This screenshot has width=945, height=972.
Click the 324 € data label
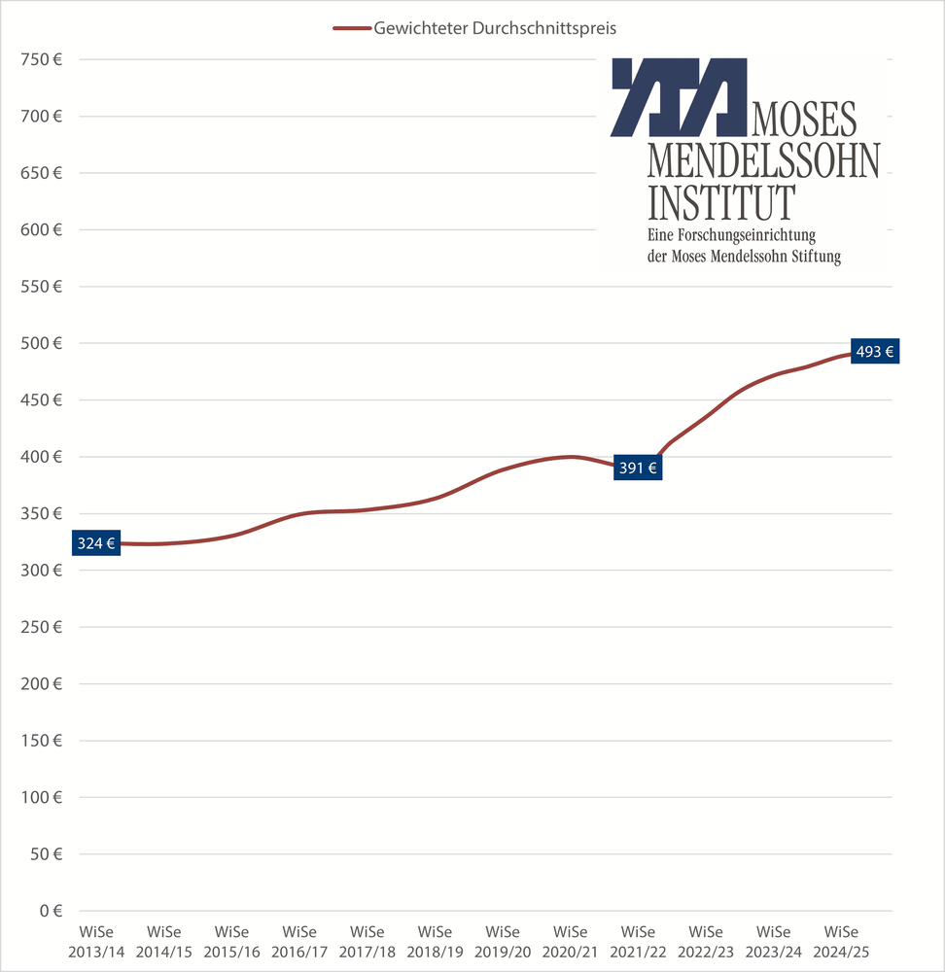(96, 543)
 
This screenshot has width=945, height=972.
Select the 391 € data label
(638, 468)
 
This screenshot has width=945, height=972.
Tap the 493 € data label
(874, 352)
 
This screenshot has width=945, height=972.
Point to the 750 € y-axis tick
(41, 60)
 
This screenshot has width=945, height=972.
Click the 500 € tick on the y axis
(41, 343)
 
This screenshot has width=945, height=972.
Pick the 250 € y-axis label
(41, 627)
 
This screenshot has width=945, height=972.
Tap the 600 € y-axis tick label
(41, 230)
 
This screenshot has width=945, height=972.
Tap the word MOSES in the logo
(804, 119)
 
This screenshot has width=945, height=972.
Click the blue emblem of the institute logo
(679, 97)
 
